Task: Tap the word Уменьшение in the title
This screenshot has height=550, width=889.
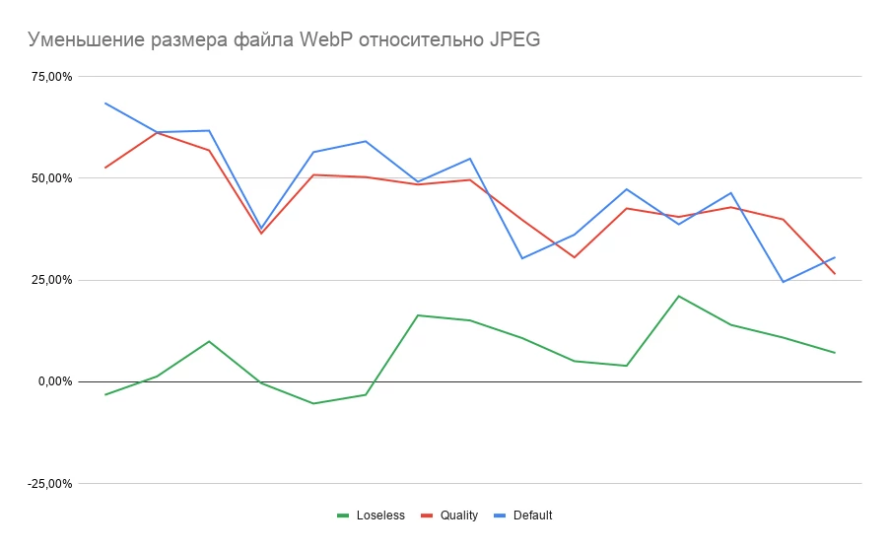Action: click(88, 40)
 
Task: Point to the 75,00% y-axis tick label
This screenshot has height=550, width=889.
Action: click(53, 77)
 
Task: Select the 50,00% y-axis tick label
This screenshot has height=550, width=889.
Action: click(53, 178)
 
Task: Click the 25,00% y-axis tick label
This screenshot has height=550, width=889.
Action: click(53, 280)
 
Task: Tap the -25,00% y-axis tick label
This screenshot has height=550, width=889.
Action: click(51, 484)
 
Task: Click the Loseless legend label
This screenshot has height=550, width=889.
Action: click(380, 516)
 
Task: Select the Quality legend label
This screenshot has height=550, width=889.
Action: click(459, 516)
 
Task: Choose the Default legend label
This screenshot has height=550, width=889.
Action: click(533, 516)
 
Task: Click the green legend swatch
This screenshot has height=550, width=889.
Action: click(343, 516)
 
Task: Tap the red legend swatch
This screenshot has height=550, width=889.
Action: click(428, 516)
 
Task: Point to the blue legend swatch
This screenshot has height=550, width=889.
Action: click(501, 516)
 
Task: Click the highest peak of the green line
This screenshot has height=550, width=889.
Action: click(679, 296)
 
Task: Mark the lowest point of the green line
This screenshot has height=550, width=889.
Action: click(313, 403)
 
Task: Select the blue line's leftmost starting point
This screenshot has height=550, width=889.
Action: click(104, 103)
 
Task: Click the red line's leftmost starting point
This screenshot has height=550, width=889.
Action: click(104, 168)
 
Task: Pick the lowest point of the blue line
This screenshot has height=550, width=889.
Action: click(783, 282)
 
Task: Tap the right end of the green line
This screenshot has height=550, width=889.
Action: click(835, 353)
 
